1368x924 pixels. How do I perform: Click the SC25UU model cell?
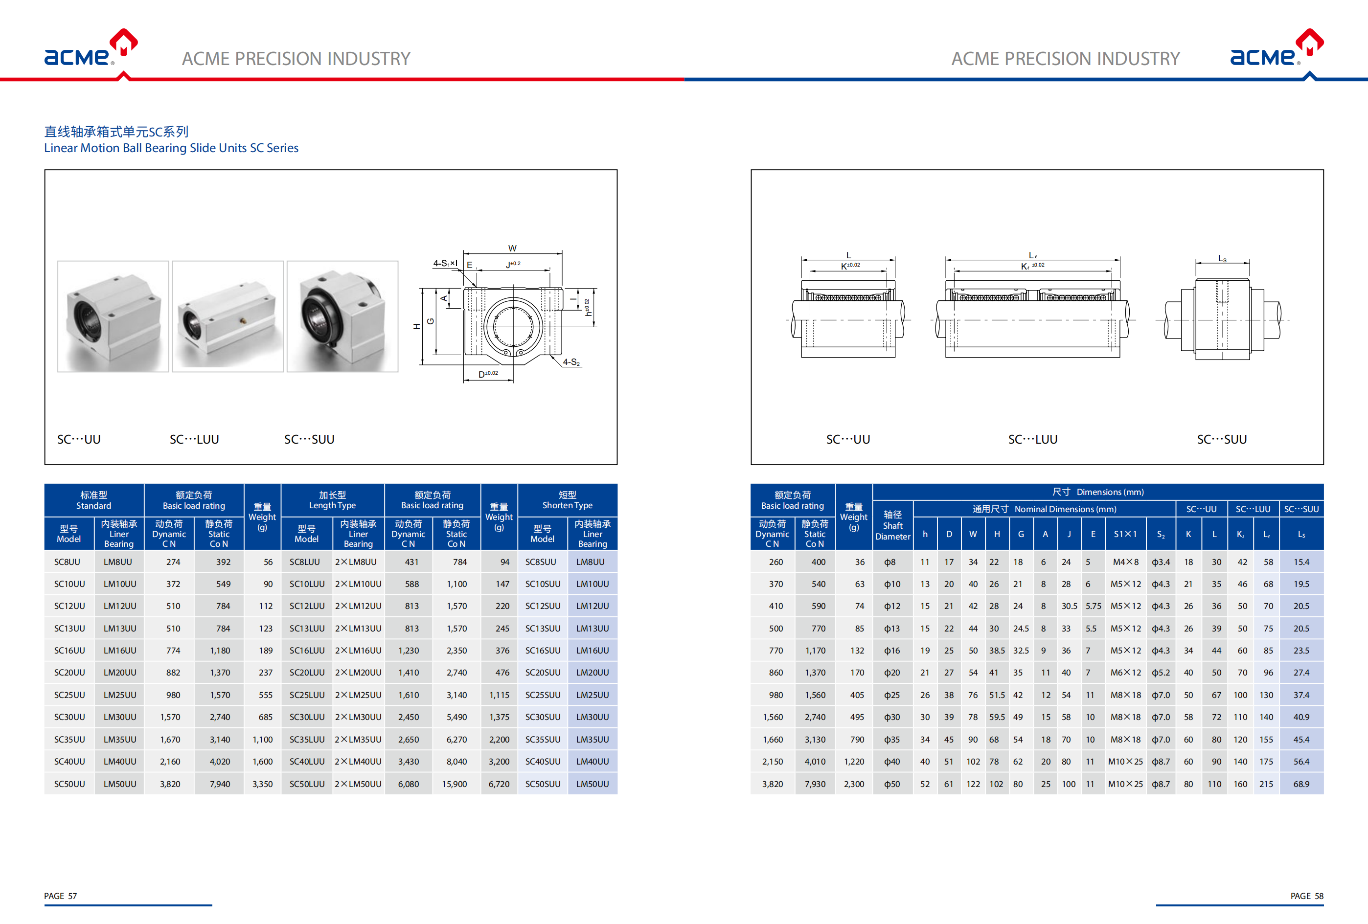tap(69, 695)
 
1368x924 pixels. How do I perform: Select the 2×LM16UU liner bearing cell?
tap(358, 651)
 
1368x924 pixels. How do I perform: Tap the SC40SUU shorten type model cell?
tap(543, 762)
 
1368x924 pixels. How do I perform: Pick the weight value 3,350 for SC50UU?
tap(263, 784)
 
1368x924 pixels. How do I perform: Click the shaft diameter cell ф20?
tap(892, 673)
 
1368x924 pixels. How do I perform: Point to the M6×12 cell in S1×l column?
tap(1125, 673)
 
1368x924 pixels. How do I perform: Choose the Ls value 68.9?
tap(1301, 784)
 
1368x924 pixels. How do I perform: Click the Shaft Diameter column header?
tap(892, 525)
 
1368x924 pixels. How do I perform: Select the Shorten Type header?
tap(568, 500)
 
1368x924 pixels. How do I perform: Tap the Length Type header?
tap(333, 500)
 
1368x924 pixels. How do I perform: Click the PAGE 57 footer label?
tap(61, 896)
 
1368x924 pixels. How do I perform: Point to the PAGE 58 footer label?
tap(1307, 896)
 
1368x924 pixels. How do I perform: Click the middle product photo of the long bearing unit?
tap(228, 316)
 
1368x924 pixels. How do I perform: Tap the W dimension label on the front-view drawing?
tap(512, 248)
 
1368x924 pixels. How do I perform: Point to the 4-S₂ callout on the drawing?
tap(571, 362)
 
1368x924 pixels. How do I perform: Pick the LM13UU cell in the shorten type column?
tap(592, 629)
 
